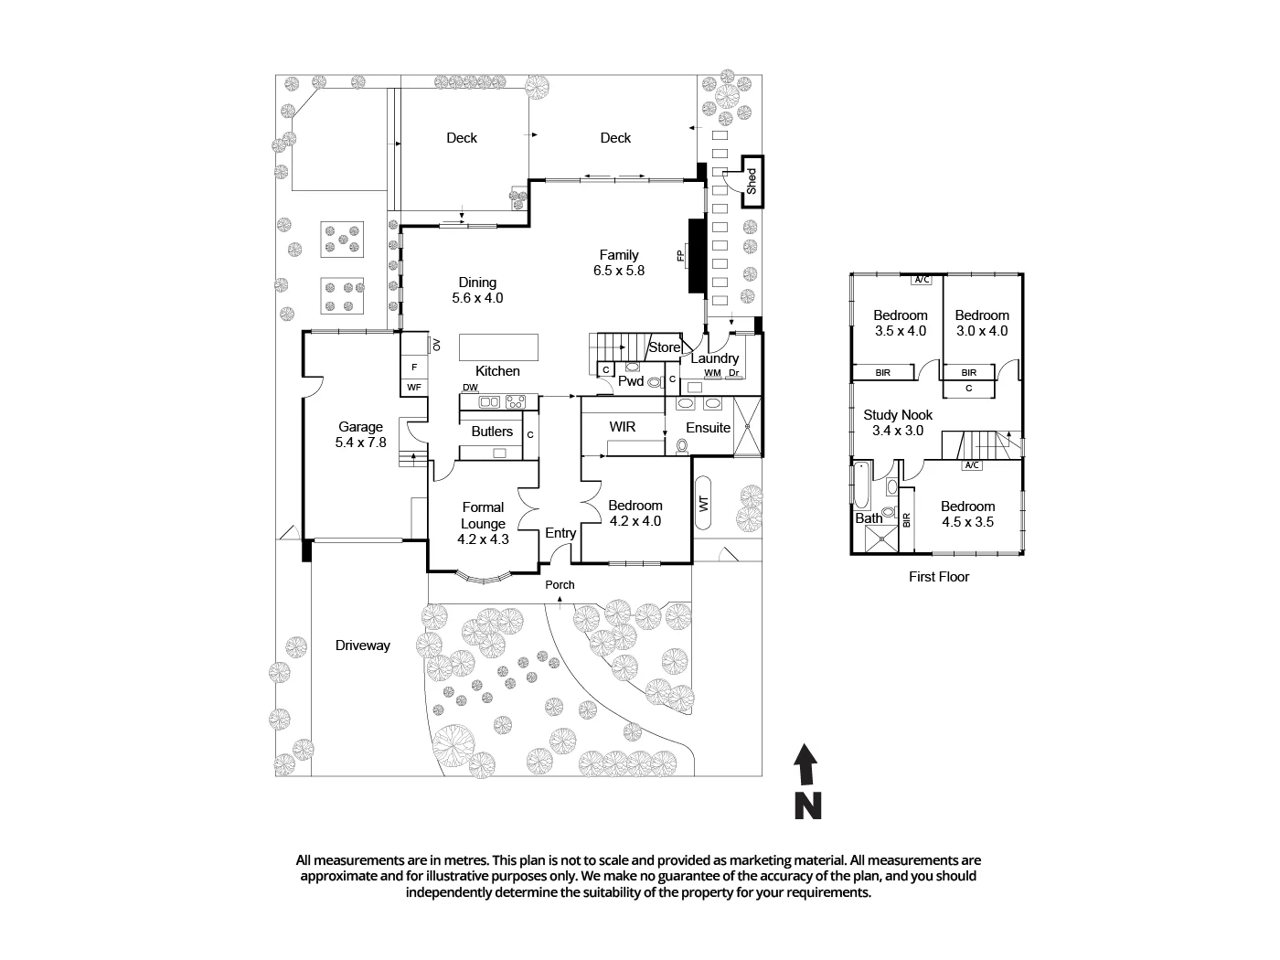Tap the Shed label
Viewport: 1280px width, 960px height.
[752, 182]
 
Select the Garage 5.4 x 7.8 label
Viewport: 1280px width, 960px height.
[360, 434]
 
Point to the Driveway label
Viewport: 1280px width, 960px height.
[362, 645]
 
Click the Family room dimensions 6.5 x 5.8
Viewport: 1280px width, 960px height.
[619, 271]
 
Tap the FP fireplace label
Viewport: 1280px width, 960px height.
[680, 255]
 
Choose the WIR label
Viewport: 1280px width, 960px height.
[622, 427]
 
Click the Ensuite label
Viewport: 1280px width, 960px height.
[708, 427]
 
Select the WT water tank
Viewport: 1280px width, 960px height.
[703, 504]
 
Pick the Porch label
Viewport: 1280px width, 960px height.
[560, 585]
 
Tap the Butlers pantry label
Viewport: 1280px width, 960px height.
[492, 432]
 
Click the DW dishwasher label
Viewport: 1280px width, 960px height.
[470, 388]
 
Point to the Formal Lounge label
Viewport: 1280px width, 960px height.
[483, 516]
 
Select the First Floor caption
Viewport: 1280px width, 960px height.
[939, 577]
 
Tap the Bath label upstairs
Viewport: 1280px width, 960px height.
[869, 518]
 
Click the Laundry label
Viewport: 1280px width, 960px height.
[714, 358]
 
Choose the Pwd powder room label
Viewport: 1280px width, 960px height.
[631, 381]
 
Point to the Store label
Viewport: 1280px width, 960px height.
[665, 347]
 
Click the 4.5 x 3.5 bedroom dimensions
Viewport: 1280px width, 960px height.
[967, 522]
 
